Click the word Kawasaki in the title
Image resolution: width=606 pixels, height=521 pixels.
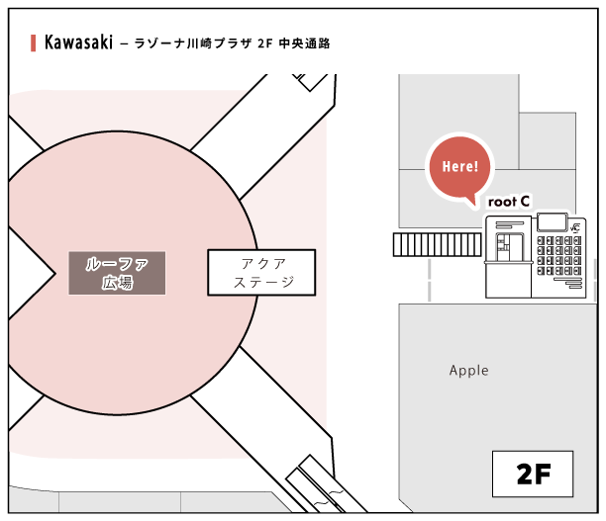(x=78, y=43)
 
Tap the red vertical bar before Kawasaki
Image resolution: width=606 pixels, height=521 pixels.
(x=34, y=43)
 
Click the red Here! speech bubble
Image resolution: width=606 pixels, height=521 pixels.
(x=458, y=166)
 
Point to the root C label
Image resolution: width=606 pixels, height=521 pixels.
(x=509, y=201)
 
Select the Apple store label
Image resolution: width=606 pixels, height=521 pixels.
(x=468, y=371)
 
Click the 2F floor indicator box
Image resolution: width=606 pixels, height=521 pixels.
(x=533, y=474)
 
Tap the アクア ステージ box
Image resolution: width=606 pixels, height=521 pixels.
(x=261, y=272)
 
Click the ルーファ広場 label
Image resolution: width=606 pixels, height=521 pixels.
(x=117, y=272)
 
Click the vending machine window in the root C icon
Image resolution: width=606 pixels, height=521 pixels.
(x=510, y=242)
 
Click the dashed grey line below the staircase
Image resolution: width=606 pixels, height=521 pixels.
(x=431, y=281)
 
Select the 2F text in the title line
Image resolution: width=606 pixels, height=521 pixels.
(x=263, y=44)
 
